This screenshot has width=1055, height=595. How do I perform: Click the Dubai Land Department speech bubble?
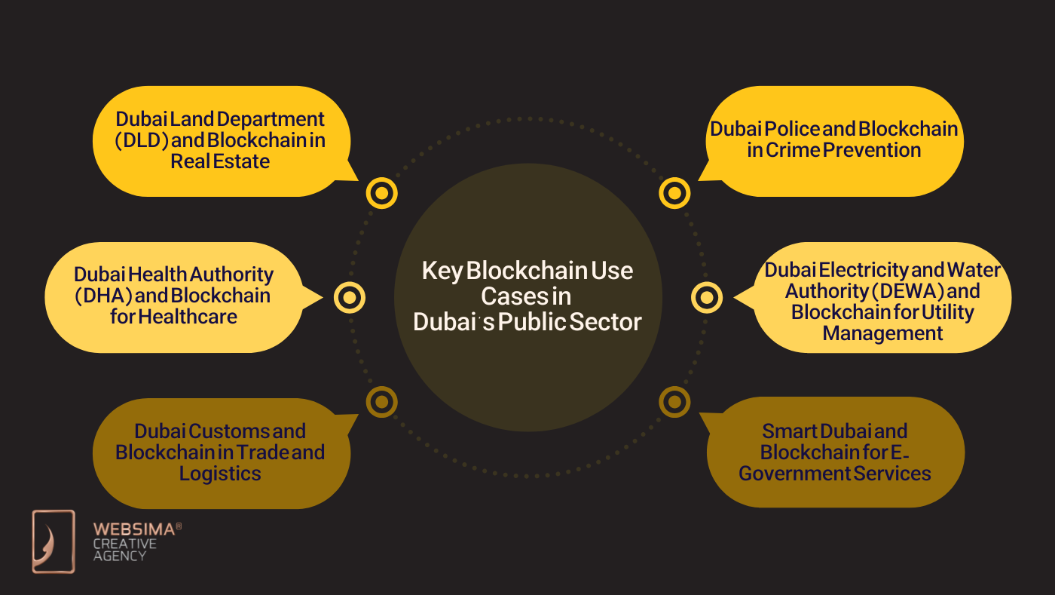(x=220, y=141)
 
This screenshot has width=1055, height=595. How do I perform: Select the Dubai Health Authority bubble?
(x=173, y=296)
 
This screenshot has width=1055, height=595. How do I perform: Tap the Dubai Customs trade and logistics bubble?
(x=220, y=452)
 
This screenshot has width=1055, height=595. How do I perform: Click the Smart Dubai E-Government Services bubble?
(x=835, y=452)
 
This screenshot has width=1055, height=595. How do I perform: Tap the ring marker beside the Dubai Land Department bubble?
(x=381, y=194)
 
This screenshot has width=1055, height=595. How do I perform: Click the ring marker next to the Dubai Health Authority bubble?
(x=349, y=297)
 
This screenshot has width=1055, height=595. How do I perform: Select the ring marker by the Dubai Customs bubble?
(x=381, y=401)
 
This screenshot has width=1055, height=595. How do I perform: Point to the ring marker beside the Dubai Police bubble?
(x=674, y=194)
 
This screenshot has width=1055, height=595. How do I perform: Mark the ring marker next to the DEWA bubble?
(x=706, y=297)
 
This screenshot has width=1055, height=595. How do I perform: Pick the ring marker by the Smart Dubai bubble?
(x=674, y=401)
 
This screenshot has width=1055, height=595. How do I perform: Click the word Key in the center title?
(x=441, y=271)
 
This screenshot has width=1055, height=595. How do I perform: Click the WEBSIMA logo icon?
(x=54, y=541)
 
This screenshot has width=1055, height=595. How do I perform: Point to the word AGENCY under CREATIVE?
(x=119, y=556)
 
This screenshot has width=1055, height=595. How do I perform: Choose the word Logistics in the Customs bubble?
(x=220, y=474)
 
